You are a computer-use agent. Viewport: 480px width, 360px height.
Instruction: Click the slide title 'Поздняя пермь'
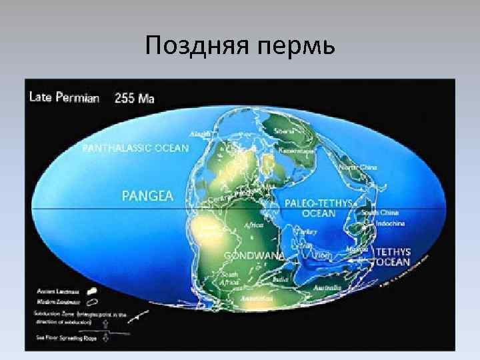coord(240,46)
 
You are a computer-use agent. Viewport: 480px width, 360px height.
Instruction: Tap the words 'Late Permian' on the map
coord(64,97)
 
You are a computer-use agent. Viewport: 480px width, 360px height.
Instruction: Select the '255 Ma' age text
coord(135,98)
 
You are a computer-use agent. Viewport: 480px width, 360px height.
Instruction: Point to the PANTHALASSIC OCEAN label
coord(135,147)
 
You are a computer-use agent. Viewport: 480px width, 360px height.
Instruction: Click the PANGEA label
coord(147,195)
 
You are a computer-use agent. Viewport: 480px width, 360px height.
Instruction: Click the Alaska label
coord(199,134)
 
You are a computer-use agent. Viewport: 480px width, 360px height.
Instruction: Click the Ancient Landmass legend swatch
coord(91,290)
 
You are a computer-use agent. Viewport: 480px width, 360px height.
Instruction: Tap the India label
coord(279,280)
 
